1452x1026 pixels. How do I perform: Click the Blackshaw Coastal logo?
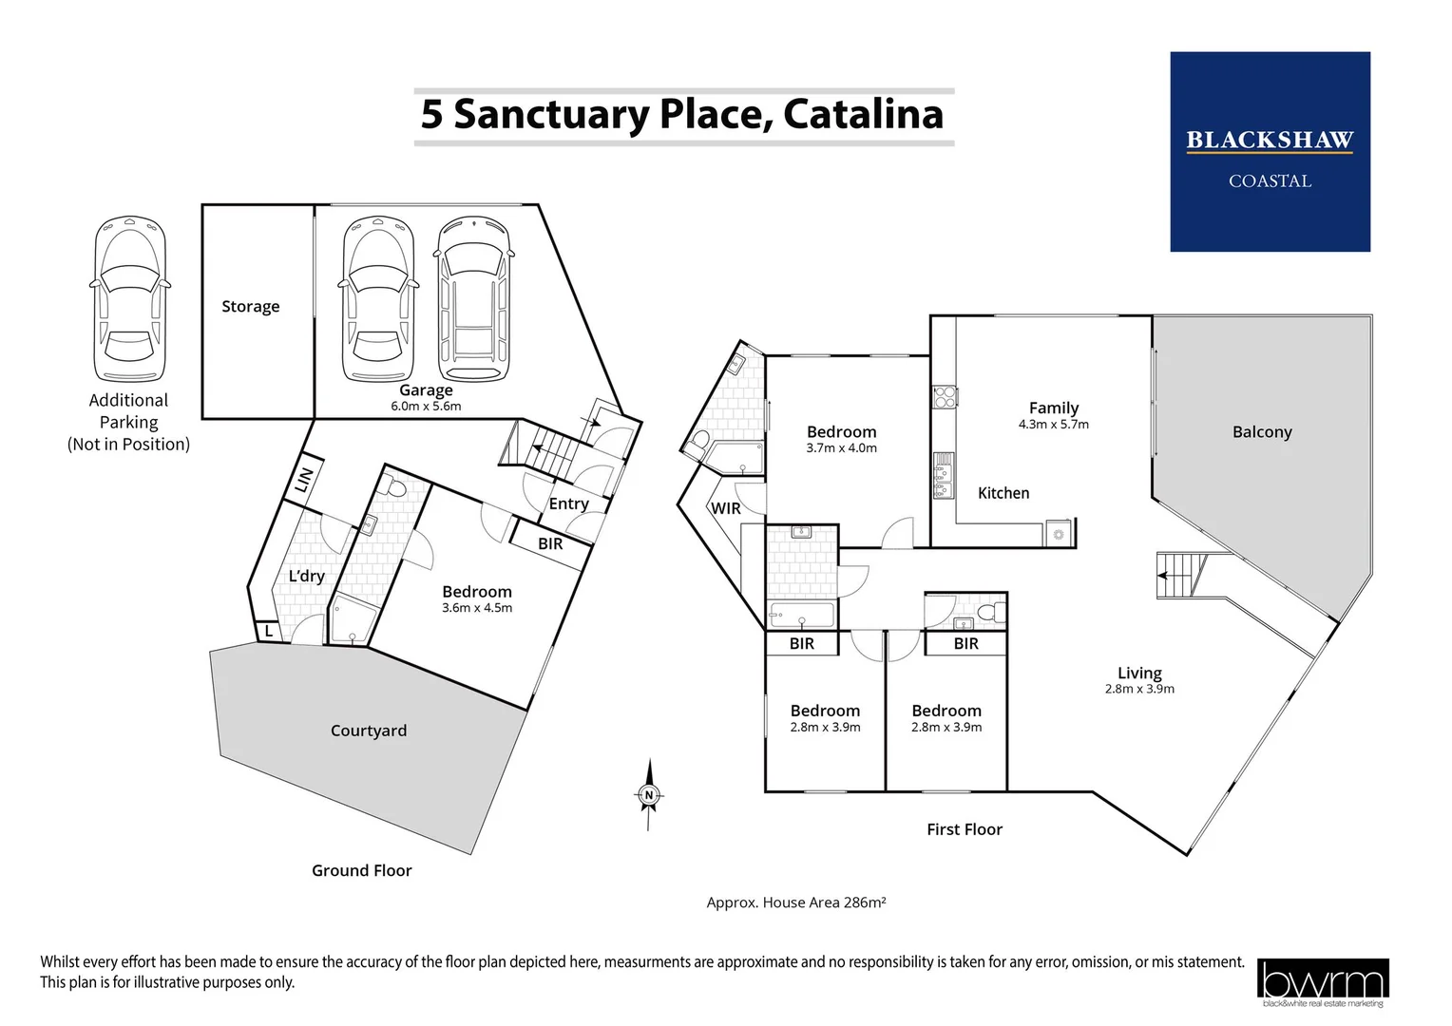coord(1270,152)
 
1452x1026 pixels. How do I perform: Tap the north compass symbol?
coord(649,795)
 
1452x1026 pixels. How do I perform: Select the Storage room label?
coord(251,306)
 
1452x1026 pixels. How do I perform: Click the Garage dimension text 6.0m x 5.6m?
coord(426,407)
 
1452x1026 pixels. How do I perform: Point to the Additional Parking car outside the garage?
coord(129,299)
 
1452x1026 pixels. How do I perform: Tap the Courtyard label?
coord(369,731)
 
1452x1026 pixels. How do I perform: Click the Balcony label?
coord(1262,432)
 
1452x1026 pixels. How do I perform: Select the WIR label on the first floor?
coord(726,508)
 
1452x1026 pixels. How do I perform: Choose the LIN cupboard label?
coord(304,481)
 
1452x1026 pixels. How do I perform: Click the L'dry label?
coord(307,577)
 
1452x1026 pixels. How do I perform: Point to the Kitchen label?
coord(1003,493)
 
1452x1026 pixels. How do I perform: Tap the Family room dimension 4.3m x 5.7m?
coord(1054,425)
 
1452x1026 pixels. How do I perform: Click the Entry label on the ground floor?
coord(569,503)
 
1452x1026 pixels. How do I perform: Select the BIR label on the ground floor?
coord(550,544)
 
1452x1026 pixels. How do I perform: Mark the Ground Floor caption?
coord(362,870)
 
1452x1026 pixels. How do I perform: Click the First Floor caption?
coord(965,829)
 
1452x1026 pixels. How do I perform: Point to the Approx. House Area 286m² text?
coord(796,902)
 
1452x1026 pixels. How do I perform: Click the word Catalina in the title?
coord(863,114)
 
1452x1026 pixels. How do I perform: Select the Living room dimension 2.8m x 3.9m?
coord(1139,690)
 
